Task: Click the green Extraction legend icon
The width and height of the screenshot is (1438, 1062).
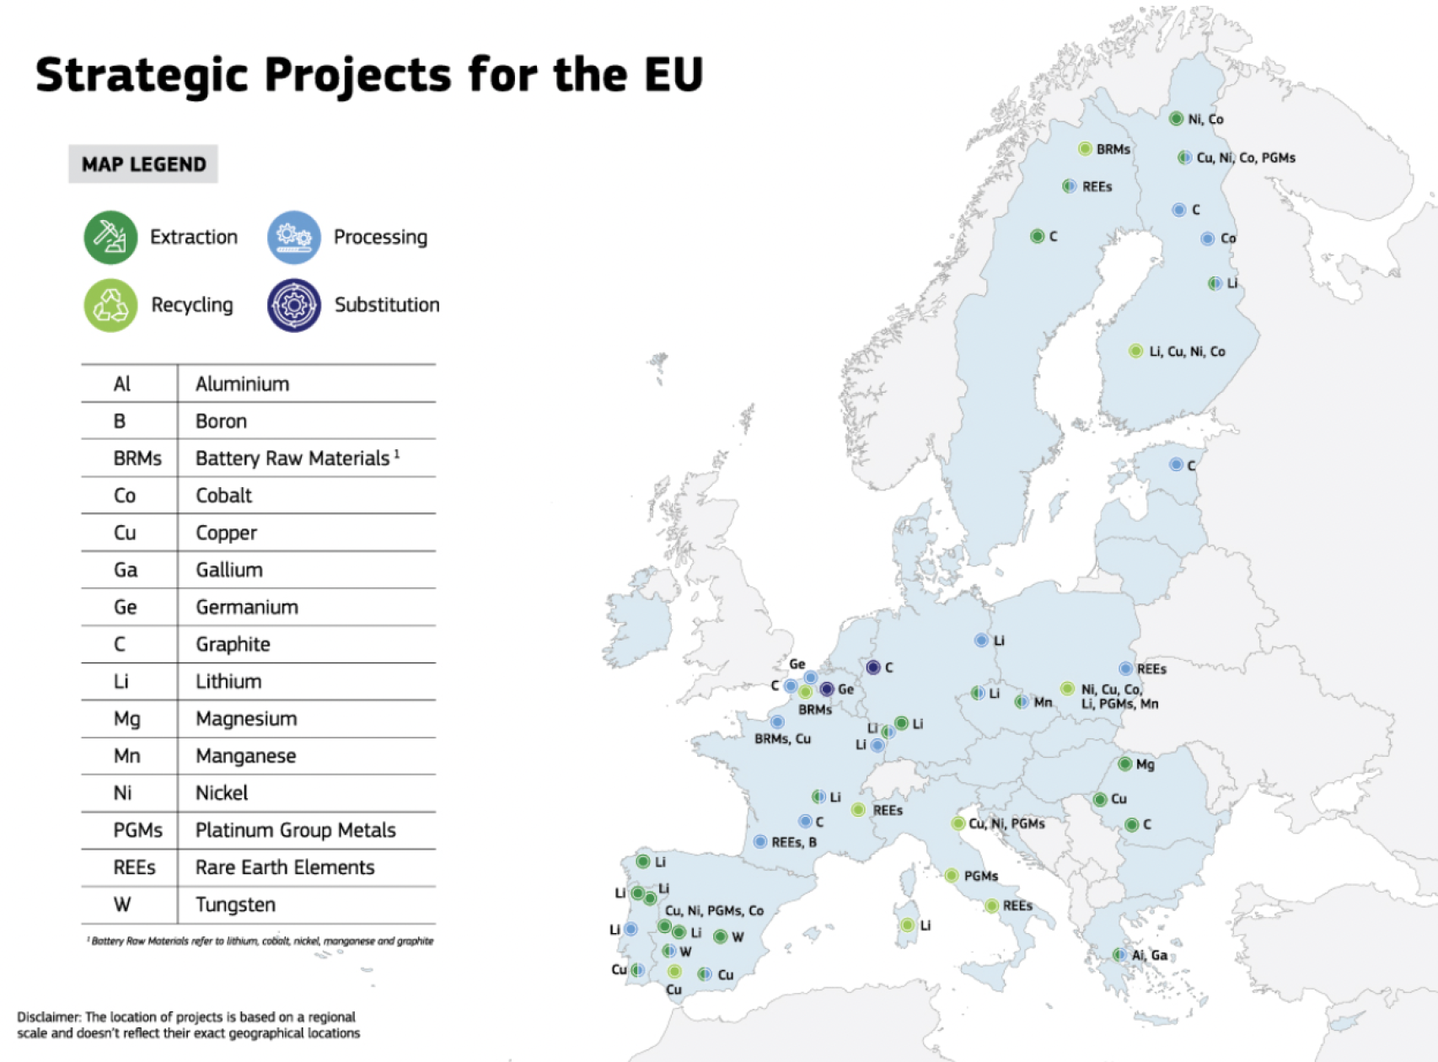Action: click(x=110, y=237)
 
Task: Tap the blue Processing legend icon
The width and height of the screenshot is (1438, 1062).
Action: click(x=294, y=237)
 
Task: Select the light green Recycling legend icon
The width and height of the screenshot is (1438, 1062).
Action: click(x=110, y=305)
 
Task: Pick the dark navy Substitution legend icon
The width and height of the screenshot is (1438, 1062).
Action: click(x=294, y=305)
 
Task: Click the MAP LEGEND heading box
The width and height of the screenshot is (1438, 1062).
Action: click(x=143, y=164)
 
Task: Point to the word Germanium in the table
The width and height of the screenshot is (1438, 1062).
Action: click(x=247, y=607)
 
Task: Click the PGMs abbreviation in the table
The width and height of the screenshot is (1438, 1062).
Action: click(x=137, y=830)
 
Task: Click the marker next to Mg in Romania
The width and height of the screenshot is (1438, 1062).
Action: click(x=1124, y=764)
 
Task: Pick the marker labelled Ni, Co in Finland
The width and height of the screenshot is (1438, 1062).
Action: click(x=1176, y=119)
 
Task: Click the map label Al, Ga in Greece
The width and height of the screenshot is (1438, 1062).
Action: click(x=1150, y=955)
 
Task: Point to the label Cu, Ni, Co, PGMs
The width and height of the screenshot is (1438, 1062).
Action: click(x=1246, y=158)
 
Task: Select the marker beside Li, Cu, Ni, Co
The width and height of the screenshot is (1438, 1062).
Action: click(x=1135, y=351)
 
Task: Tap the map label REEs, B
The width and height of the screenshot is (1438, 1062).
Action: click(x=794, y=842)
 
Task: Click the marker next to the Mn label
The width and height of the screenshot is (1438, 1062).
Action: click(x=1021, y=701)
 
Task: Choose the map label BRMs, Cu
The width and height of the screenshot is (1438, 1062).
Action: click(x=782, y=739)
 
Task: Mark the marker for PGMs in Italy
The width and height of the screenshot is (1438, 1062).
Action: click(x=951, y=876)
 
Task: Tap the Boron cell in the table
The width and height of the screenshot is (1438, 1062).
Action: click(x=221, y=421)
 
